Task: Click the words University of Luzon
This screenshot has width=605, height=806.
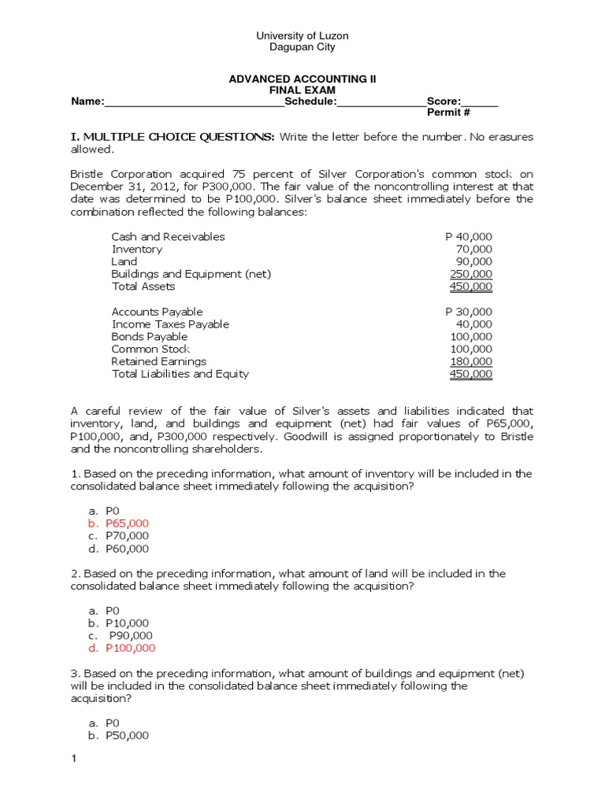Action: click(x=302, y=35)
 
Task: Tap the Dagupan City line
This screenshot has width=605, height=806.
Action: click(x=302, y=47)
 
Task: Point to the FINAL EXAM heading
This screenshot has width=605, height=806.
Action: click(x=302, y=91)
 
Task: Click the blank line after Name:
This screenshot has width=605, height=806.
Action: click(x=194, y=102)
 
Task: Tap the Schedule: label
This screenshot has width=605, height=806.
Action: click(x=310, y=102)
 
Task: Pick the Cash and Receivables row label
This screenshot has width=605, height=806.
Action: click(x=168, y=237)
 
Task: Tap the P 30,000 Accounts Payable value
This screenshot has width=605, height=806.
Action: click(x=469, y=312)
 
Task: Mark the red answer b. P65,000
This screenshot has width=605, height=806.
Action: click(x=119, y=523)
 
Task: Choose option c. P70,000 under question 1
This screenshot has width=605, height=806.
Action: click(x=119, y=536)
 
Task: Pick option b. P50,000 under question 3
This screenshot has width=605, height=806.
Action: click(x=119, y=736)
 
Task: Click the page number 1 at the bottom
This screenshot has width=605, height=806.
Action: click(x=73, y=760)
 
